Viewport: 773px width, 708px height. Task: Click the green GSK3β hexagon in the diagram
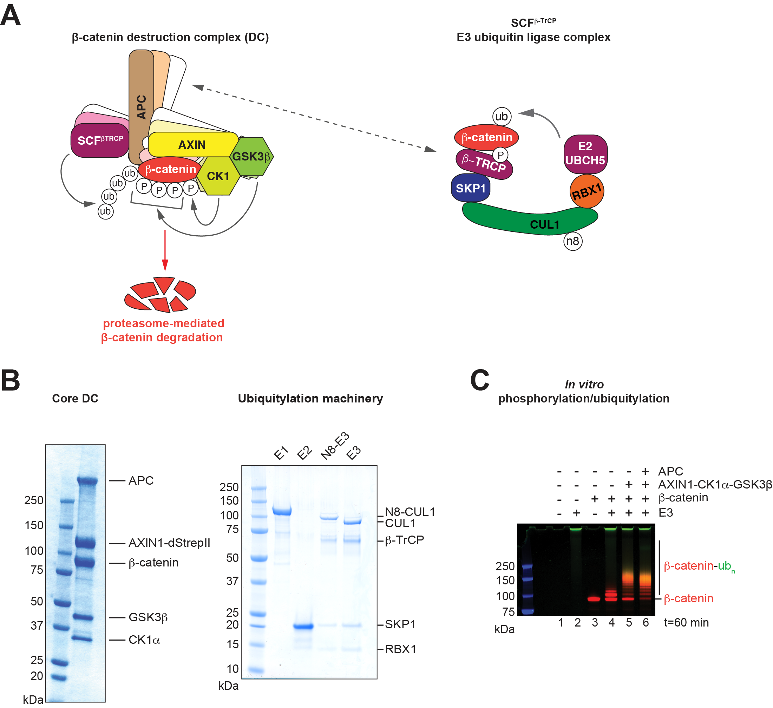pyautogui.click(x=251, y=156)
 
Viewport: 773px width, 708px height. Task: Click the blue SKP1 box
pyautogui.click(x=471, y=188)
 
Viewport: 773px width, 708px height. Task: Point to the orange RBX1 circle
pyautogui.click(x=586, y=191)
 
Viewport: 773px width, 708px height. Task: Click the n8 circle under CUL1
pyautogui.click(x=572, y=241)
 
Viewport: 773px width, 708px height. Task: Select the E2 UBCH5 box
pyautogui.click(x=585, y=154)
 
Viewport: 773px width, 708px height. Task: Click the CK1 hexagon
pyautogui.click(x=218, y=176)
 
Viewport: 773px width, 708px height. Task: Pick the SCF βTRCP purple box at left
pyautogui.click(x=100, y=140)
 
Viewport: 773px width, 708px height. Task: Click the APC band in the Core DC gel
pyautogui.click(x=88, y=480)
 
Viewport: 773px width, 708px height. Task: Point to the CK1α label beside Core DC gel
pyautogui.click(x=144, y=640)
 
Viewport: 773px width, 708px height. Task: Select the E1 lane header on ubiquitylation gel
pyautogui.click(x=281, y=453)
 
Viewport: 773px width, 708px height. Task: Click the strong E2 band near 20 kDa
pyautogui.click(x=303, y=627)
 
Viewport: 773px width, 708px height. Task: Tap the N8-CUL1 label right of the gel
pyautogui.click(x=410, y=512)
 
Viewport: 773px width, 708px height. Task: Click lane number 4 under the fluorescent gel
pyautogui.click(x=611, y=623)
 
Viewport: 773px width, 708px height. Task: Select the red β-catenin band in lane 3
pyautogui.click(x=594, y=599)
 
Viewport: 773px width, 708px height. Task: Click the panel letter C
pyautogui.click(x=479, y=380)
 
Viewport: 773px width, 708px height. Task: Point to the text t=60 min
pyautogui.click(x=686, y=623)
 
